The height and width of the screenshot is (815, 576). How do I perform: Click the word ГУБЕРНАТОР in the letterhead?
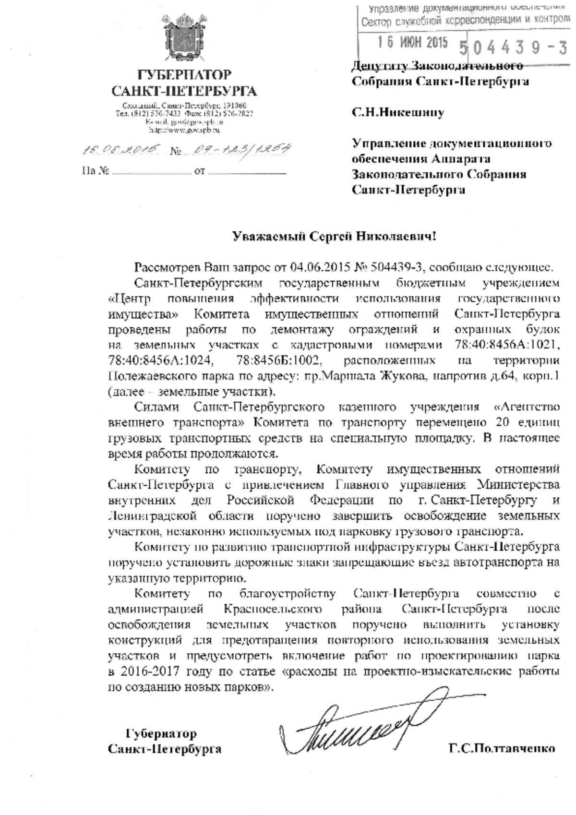(x=184, y=75)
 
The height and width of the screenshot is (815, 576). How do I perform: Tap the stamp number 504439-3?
(x=513, y=48)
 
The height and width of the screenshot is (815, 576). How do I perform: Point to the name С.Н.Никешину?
(x=398, y=113)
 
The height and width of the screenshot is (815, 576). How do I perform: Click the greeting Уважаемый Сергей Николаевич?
(x=335, y=236)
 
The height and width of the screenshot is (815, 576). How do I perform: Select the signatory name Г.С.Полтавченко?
(x=502, y=748)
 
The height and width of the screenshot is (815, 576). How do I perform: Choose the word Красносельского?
(x=272, y=609)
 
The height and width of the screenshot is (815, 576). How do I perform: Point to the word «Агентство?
(x=527, y=407)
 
